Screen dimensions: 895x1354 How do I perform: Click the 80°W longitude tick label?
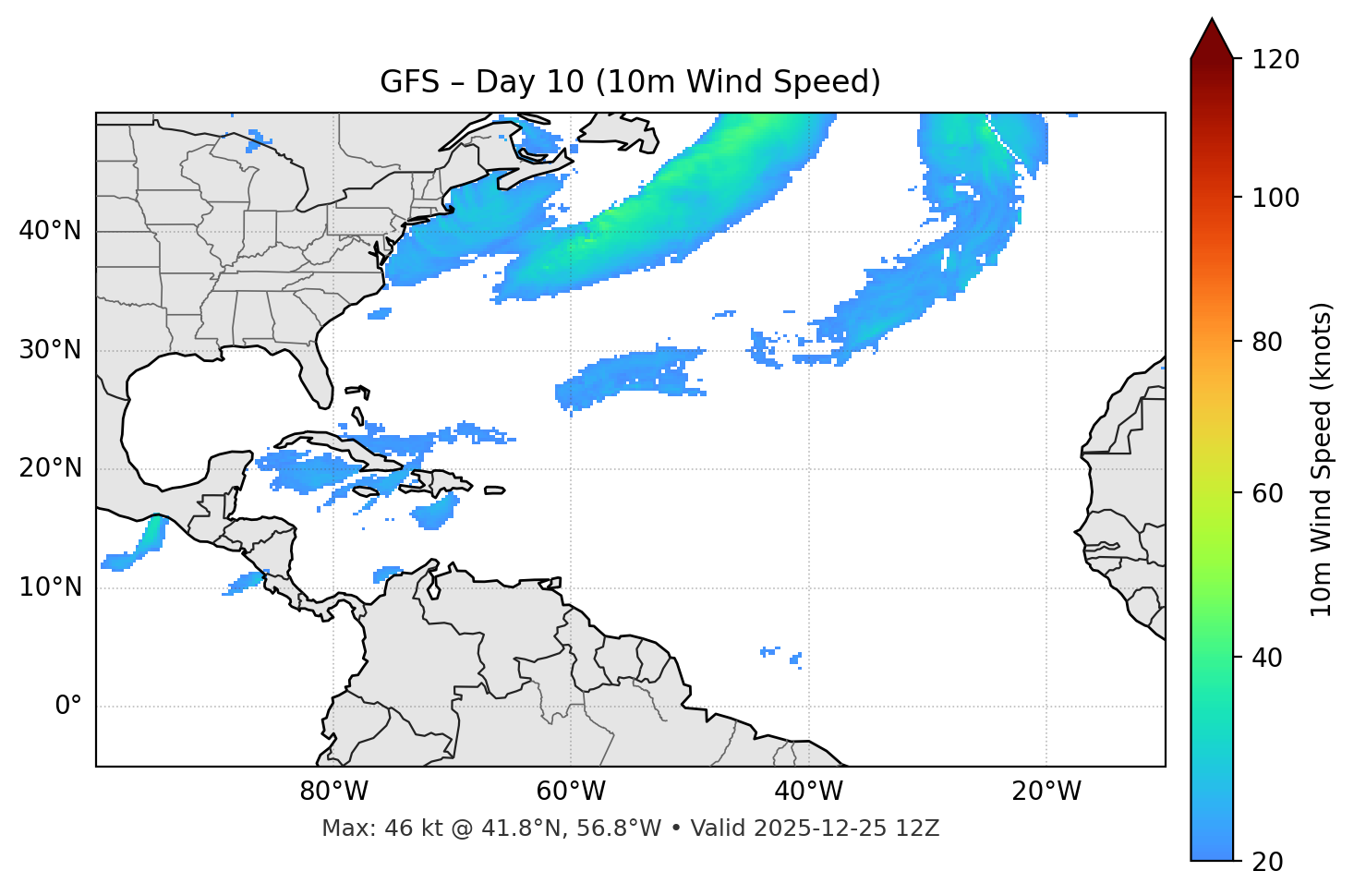[x=333, y=792]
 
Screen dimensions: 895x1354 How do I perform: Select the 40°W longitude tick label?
[x=808, y=792]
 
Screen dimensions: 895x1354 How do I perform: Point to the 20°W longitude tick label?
[x=1046, y=792]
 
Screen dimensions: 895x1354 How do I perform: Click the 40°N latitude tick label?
[x=50, y=231]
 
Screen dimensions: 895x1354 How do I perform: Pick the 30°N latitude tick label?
[x=50, y=350]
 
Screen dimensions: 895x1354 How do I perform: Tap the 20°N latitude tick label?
[x=50, y=468]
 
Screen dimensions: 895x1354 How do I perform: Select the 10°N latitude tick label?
[x=50, y=587]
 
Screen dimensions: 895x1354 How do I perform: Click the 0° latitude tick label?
[x=68, y=707]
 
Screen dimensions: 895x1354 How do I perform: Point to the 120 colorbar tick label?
[x=1275, y=60]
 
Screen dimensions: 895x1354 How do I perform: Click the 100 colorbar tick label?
[x=1275, y=198]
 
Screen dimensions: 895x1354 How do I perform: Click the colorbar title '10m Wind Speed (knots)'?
[x=1322, y=459]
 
